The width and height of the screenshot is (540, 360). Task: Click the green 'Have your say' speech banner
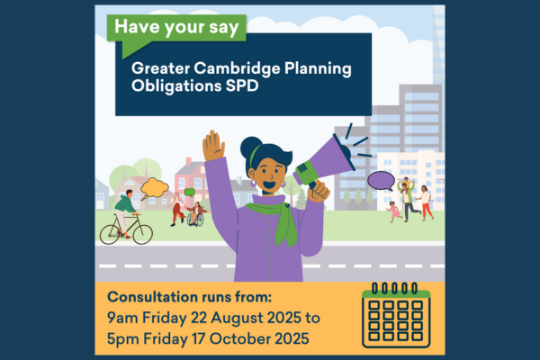(x=176, y=30)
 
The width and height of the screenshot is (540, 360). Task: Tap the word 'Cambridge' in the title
(x=237, y=68)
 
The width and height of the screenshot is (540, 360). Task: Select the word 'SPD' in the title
(x=242, y=85)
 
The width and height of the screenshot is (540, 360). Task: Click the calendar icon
(x=396, y=315)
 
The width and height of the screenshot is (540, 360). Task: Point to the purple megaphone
(x=328, y=159)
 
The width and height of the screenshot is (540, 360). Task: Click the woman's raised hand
(x=213, y=146)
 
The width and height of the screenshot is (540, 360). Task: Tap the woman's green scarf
(x=275, y=220)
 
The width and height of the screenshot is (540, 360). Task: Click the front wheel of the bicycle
(x=143, y=234)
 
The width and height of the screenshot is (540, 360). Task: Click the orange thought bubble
(x=154, y=188)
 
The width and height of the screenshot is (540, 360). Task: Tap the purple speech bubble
(x=381, y=181)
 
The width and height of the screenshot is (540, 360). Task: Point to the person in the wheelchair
(x=196, y=214)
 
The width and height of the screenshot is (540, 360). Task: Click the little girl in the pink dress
(x=394, y=211)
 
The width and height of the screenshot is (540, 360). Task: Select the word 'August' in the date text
(x=238, y=319)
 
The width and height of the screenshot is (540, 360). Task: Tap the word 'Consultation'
(x=152, y=297)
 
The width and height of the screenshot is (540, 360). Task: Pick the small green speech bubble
(x=190, y=193)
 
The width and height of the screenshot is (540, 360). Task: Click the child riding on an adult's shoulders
(x=407, y=184)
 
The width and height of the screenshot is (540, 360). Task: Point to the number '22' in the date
(x=199, y=318)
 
